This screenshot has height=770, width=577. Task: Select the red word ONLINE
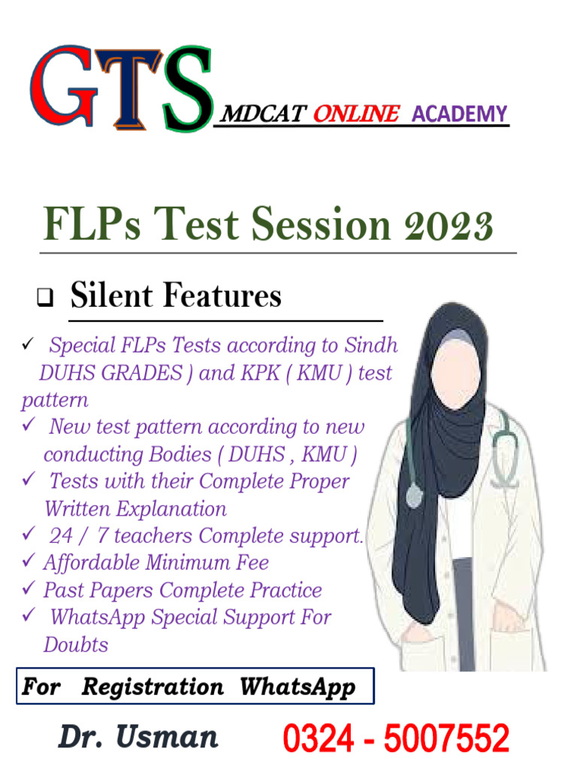pyautogui.click(x=355, y=114)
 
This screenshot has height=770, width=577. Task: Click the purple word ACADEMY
pyautogui.click(x=460, y=114)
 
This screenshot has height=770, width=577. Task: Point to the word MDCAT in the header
pyautogui.click(x=262, y=114)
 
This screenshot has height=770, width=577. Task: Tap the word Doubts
pyautogui.click(x=75, y=644)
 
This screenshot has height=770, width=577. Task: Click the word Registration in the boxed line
pyautogui.click(x=153, y=687)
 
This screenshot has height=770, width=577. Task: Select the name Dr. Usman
pyautogui.click(x=138, y=736)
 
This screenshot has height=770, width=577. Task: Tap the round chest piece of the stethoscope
pyautogui.click(x=414, y=495)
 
